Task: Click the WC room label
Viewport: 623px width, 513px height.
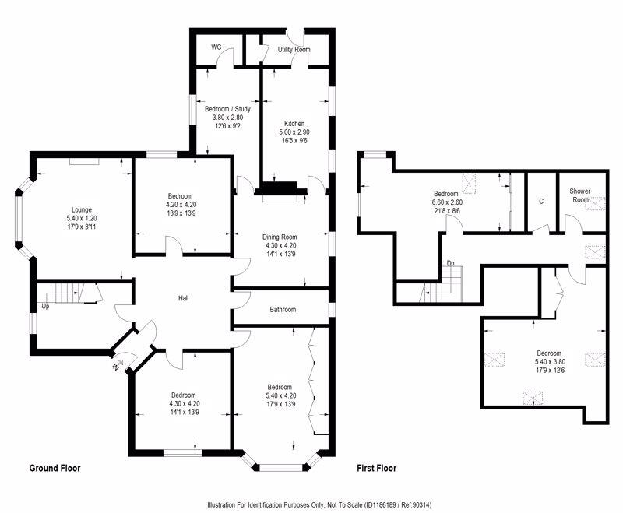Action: [x=216, y=47]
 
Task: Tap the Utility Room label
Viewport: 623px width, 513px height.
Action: [x=294, y=50]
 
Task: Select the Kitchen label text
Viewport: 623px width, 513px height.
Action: [x=294, y=124]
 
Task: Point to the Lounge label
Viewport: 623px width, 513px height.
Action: [x=82, y=209]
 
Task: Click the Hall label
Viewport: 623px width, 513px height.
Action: [x=184, y=298]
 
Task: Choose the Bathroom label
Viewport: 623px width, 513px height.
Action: [x=283, y=309]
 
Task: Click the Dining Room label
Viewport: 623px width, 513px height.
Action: [x=280, y=237]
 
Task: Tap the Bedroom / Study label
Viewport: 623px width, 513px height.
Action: [x=227, y=109]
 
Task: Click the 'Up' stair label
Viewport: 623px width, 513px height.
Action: [x=46, y=307]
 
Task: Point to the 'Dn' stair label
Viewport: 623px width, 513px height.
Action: [x=451, y=263]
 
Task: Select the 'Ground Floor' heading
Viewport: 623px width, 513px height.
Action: [x=55, y=468]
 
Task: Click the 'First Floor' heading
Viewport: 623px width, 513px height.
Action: [x=377, y=468]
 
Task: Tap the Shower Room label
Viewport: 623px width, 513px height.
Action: [x=580, y=195]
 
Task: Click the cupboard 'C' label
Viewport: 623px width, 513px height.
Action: [x=541, y=202]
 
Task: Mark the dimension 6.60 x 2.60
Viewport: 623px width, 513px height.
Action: [x=447, y=202]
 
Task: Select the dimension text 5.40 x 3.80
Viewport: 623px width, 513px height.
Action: [x=550, y=362]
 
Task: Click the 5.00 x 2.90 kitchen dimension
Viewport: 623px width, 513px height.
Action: [x=294, y=132]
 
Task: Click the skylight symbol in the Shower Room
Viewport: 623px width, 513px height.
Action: [x=595, y=203]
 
